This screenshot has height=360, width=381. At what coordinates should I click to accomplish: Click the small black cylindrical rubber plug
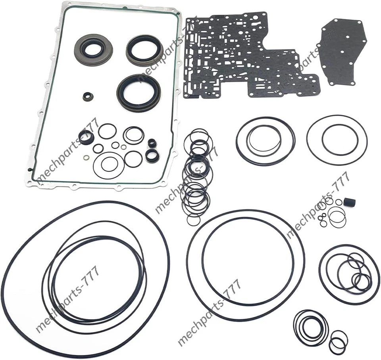[x=350, y=202]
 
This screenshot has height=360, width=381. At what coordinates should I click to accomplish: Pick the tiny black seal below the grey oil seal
[x=87, y=96]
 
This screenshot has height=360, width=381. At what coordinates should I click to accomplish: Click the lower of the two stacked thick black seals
[x=152, y=155]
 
